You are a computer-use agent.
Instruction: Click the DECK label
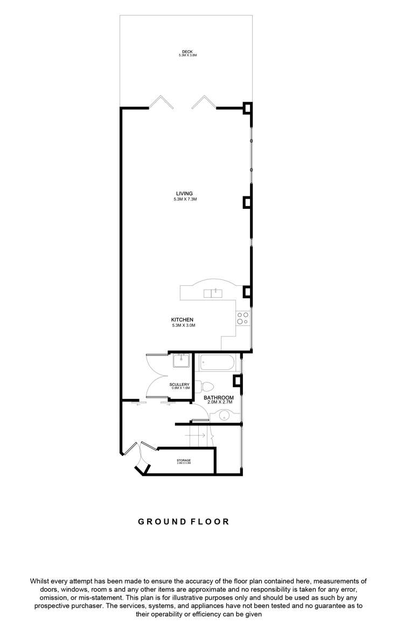coord(187,52)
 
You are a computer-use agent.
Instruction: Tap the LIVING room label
coord(184,194)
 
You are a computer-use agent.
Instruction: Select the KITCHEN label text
coord(182,320)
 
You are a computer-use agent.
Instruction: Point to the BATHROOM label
coord(219,398)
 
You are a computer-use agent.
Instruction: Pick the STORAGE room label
coord(184,460)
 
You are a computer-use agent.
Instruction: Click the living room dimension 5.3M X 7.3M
coord(184,200)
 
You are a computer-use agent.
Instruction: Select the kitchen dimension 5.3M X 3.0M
coord(182,326)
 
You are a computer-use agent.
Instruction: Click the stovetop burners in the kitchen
coord(242,318)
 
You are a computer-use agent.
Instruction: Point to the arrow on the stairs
coord(194,435)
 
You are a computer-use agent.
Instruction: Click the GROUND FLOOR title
coord(184,522)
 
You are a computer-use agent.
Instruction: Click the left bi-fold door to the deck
coord(161,103)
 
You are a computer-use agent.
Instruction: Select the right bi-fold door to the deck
coord(203,103)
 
